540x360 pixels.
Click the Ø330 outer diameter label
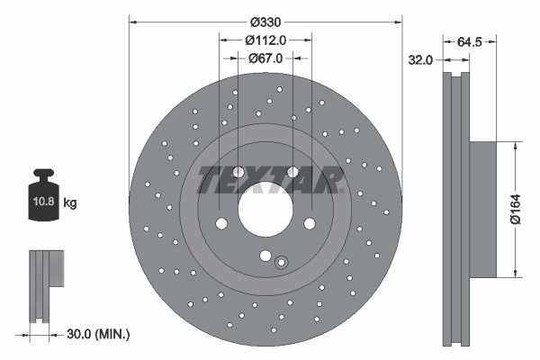coord(265,21)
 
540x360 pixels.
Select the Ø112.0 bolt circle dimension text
coord(265,40)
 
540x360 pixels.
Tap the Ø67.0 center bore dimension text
coord(265,58)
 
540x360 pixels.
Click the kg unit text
coord(70,203)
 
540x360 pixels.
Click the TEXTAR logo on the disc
coord(270,180)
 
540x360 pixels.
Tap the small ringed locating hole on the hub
coord(281,263)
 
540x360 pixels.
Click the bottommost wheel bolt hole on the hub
coord(265,254)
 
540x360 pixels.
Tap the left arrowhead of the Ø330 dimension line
coord(133,21)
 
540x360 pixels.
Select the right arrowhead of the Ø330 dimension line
coord(398,21)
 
